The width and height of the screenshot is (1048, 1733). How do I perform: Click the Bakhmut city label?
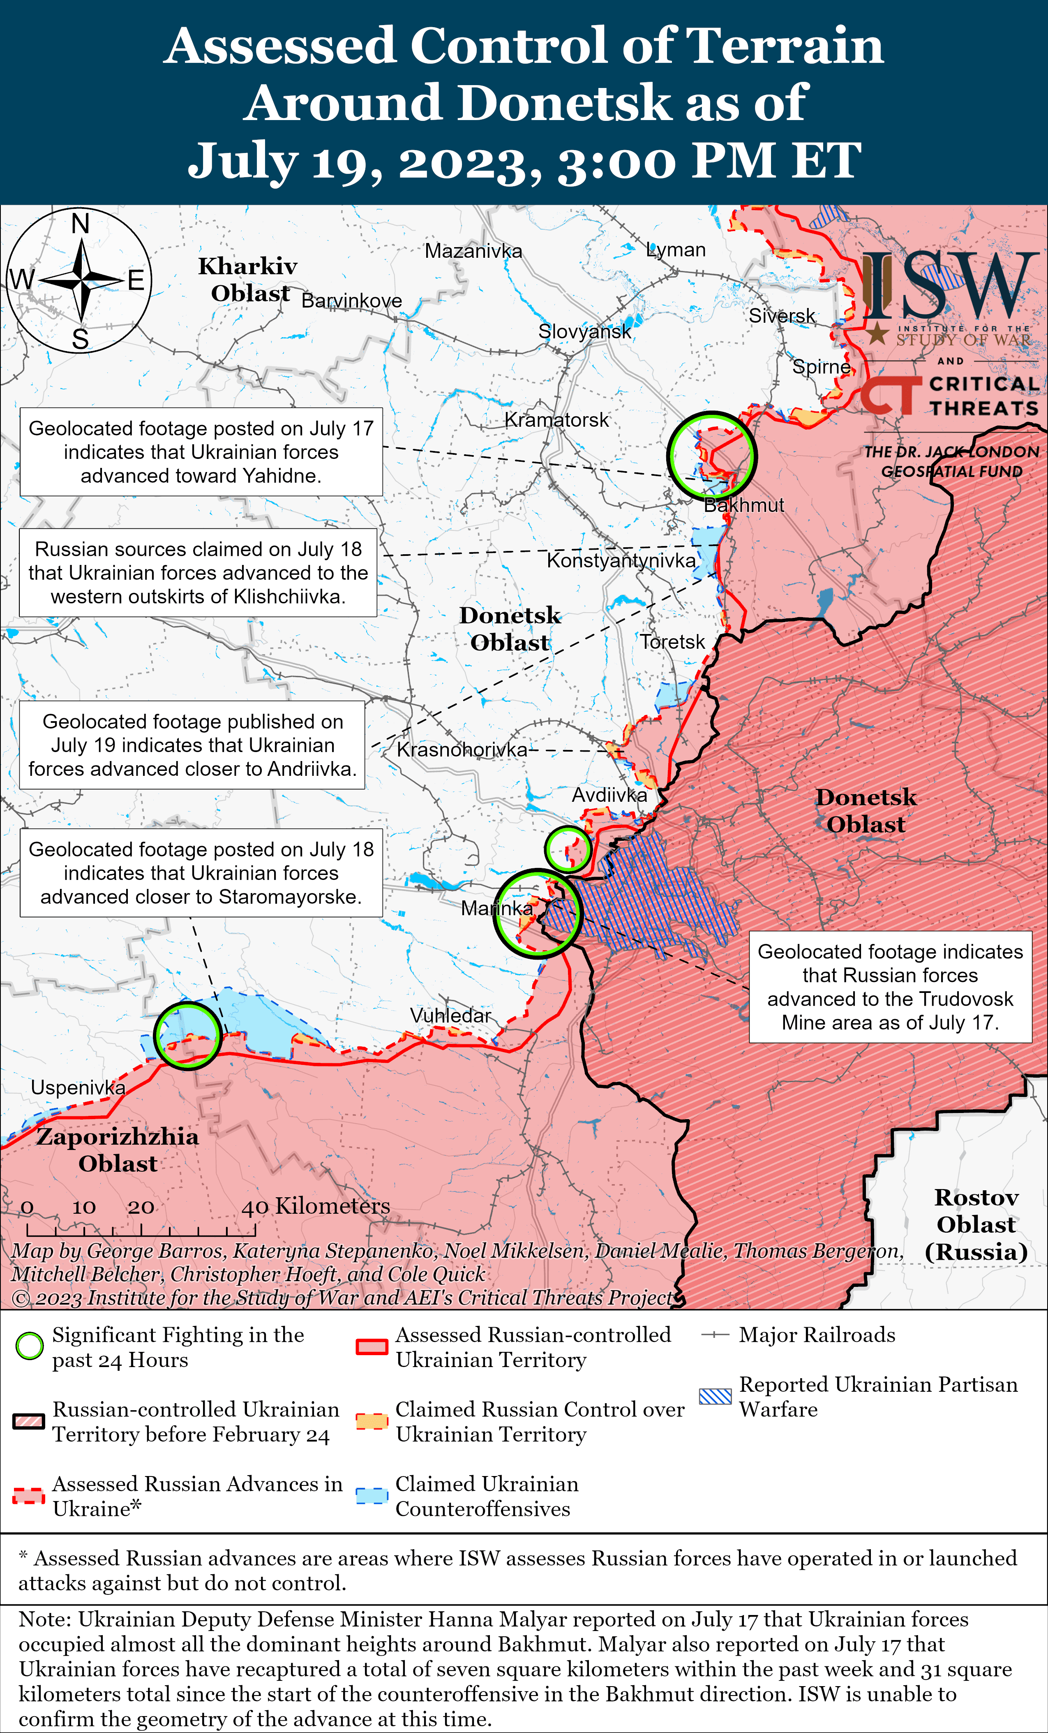coord(743,505)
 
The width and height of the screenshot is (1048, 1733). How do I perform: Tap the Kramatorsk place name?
coord(557,420)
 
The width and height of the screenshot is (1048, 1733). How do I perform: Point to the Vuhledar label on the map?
coord(450,1016)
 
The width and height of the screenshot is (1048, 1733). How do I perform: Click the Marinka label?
coord(497,909)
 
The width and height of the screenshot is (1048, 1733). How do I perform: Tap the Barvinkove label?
coord(351,301)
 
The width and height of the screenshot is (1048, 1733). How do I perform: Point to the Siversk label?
coord(782,316)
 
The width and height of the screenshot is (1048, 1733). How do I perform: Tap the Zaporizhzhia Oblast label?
coord(118,1150)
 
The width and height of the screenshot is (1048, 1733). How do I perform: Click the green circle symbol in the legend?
coord(30,1347)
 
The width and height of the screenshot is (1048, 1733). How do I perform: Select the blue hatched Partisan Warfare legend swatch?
coord(716,1396)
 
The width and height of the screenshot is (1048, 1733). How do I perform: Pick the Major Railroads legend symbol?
coord(716,1335)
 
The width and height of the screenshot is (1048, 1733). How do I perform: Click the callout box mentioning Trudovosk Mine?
coord(890,987)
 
